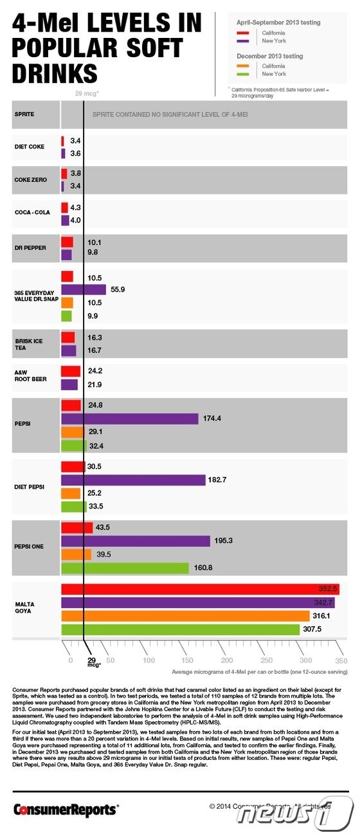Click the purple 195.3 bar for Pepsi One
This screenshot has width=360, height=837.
pyautogui.click(x=136, y=541)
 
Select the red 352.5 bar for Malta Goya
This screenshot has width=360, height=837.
pyautogui.click(x=199, y=589)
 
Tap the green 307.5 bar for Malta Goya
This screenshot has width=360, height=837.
pyautogui.click(x=180, y=629)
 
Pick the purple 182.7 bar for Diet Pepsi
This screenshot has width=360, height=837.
pyautogui.click(x=133, y=480)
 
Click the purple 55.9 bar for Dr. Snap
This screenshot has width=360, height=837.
pyautogui.click(x=84, y=289)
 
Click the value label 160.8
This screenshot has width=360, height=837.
pyautogui.click(x=203, y=568)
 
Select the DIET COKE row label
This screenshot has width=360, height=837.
pyautogui.click(x=30, y=147)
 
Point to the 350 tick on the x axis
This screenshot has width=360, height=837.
pyautogui.click(x=341, y=660)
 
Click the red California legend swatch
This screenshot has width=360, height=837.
pyautogui.click(x=244, y=32)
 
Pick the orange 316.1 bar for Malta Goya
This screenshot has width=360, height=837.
pyautogui.click(x=185, y=616)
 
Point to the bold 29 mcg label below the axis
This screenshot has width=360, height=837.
pyautogui.click(x=92, y=663)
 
